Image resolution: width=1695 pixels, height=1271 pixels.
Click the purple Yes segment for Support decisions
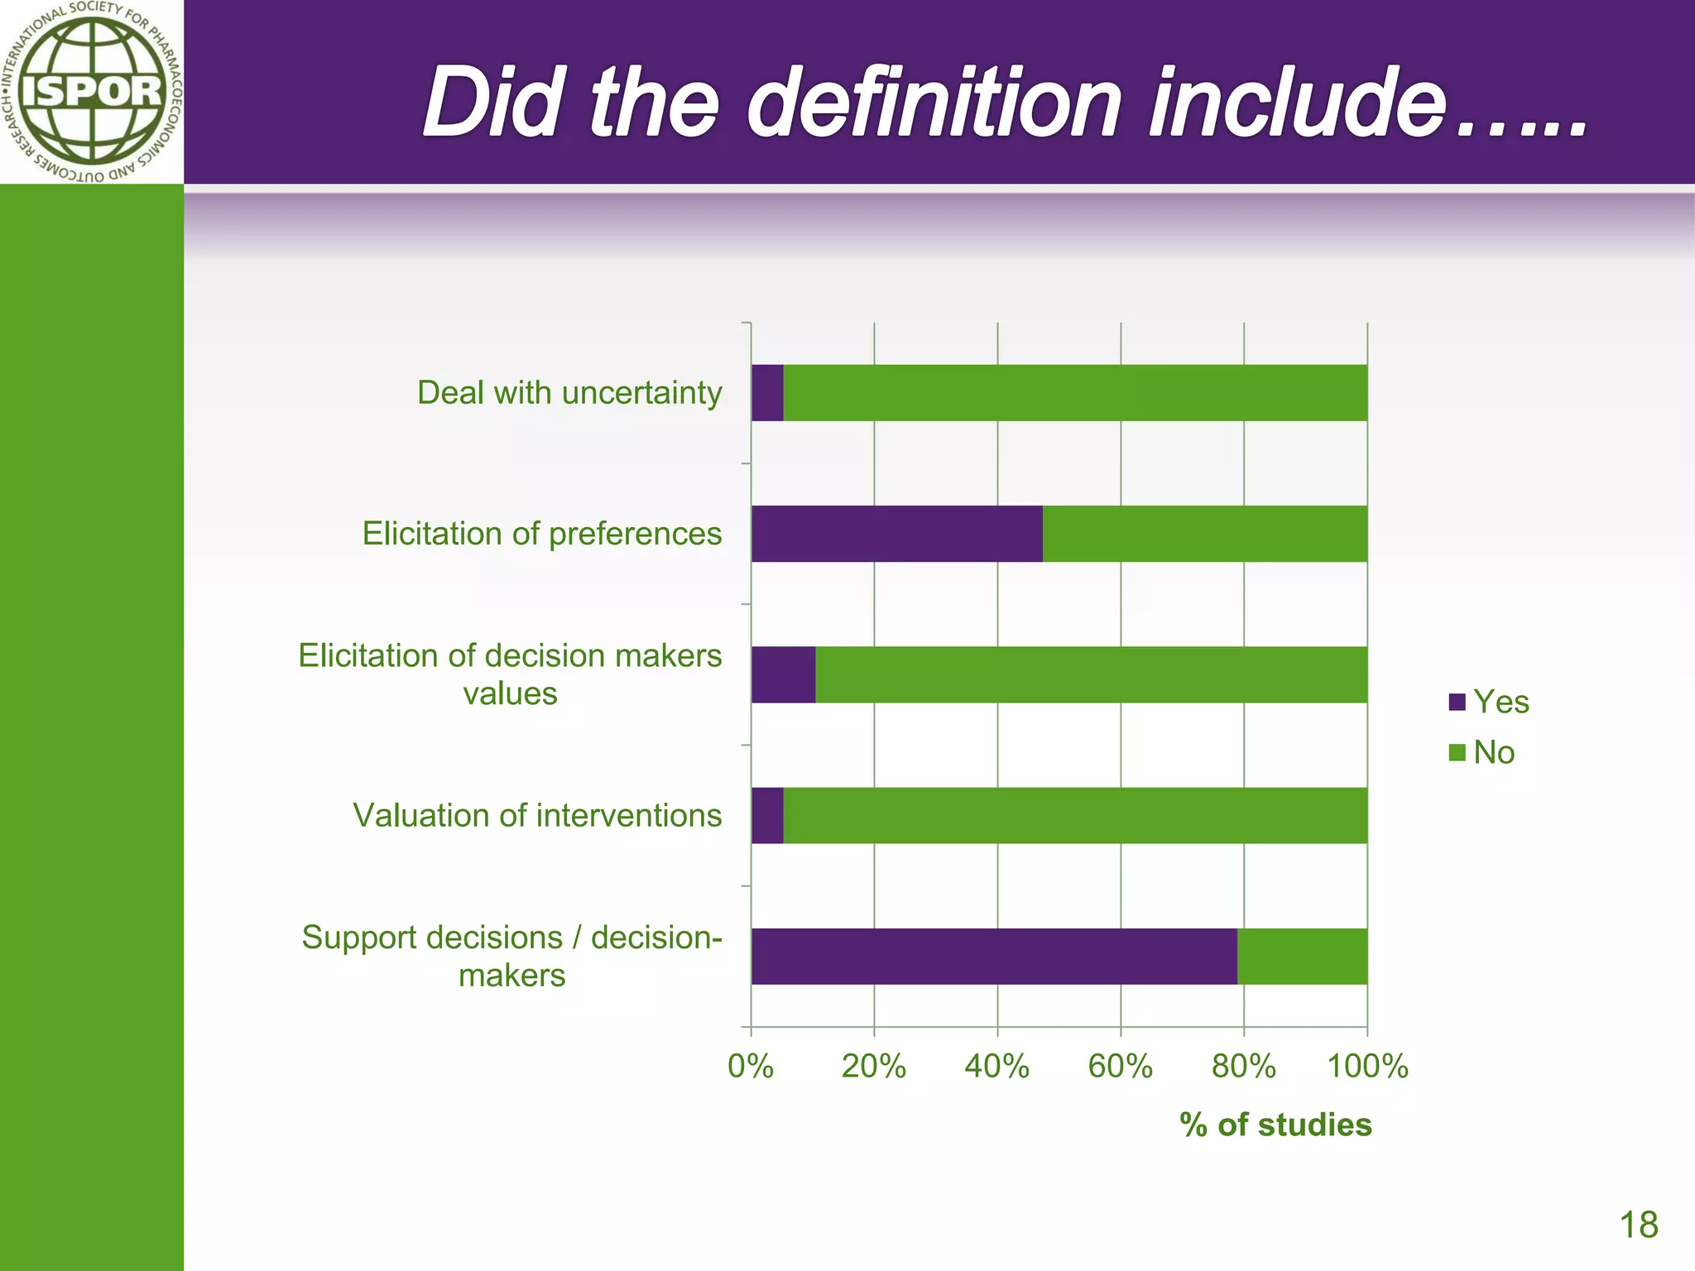pyautogui.click(x=994, y=956)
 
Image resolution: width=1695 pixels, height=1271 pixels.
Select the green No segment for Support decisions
pyautogui.click(x=1302, y=956)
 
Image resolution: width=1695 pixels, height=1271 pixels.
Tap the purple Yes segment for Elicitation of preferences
pyautogui.click(x=897, y=534)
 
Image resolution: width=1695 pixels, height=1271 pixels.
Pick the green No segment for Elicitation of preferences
pyautogui.click(x=1205, y=534)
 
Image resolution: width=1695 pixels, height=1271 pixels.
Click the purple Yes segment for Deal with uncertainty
pyautogui.click(x=767, y=393)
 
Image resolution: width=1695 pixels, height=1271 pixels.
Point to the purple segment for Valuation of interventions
pyautogui.click(x=767, y=815)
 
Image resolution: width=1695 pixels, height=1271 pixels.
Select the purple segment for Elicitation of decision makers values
pyautogui.click(x=783, y=674)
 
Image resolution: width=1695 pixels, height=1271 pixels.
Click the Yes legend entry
pyautogui.click(x=1489, y=702)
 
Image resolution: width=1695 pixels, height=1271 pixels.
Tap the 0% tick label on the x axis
pyautogui.click(x=750, y=1066)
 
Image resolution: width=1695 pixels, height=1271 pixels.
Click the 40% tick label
pyautogui.click(x=996, y=1066)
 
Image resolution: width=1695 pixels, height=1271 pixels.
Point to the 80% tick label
pyautogui.click(x=1243, y=1066)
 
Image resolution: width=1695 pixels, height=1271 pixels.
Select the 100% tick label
pyautogui.click(x=1367, y=1066)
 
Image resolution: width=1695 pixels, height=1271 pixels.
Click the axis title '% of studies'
pyautogui.click(x=1275, y=1125)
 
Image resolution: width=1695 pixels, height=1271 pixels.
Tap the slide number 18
pyautogui.click(x=1638, y=1225)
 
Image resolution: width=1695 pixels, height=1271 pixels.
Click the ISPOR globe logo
pyautogui.click(x=91, y=91)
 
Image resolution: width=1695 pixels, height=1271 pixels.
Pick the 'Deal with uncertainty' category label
pyautogui.click(x=569, y=392)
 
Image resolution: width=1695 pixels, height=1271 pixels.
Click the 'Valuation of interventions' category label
pyautogui.click(x=537, y=815)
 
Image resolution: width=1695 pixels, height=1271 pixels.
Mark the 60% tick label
pyautogui.click(x=1120, y=1066)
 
